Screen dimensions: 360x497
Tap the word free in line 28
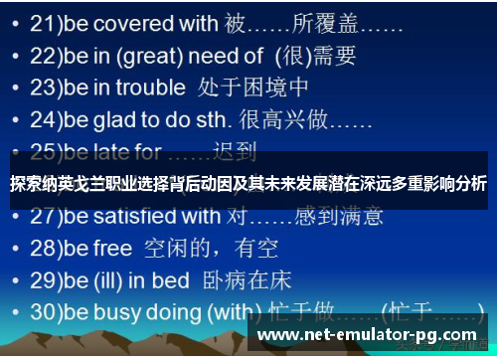[111, 247]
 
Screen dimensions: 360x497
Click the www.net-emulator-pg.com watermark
[368, 335]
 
